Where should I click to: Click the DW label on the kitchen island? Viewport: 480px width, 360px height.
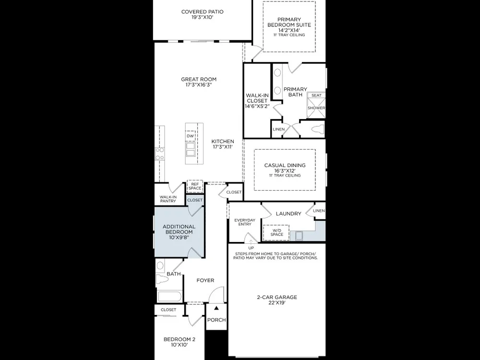(190, 136)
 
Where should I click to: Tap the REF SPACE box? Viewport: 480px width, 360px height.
(195, 186)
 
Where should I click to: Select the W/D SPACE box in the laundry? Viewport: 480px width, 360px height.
(276, 232)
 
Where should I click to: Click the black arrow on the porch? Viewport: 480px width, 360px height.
(216, 308)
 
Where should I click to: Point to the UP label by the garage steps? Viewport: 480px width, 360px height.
(251, 248)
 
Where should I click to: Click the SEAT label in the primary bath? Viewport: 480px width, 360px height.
(316, 96)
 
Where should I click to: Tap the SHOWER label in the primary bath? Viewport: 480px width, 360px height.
(316, 108)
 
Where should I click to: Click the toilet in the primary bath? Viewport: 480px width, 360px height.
(318, 129)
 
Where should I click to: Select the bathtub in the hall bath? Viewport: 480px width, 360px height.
(169, 297)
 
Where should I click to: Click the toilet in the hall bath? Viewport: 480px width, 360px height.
(162, 279)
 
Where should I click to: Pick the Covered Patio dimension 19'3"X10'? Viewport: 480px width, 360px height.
(203, 17)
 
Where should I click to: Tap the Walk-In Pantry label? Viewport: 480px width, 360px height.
(168, 199)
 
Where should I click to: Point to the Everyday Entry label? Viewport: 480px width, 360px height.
(245, 222)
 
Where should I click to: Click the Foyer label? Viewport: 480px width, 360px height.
(205, 280)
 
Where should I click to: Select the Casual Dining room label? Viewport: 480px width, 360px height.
(285, 165)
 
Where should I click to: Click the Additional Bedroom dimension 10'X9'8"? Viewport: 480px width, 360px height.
(179, 237)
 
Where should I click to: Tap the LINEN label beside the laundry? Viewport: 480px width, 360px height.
(319, 211)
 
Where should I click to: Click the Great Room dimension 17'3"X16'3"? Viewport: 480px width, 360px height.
(198, 85)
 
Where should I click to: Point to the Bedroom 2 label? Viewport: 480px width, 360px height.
(180, 339)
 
